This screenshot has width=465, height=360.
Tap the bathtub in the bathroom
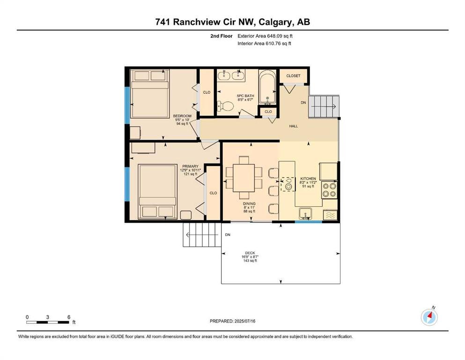point(267,87)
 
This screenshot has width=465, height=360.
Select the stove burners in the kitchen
point(330,190)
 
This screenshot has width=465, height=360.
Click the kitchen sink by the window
point(305,214)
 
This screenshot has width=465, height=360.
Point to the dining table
point(244,178)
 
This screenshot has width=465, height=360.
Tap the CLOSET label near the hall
point(293,76)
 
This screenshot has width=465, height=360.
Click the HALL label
point(294,126)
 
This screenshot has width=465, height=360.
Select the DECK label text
point(250,253)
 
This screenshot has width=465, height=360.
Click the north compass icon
point(429,317)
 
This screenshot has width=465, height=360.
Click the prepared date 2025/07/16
point(244,321)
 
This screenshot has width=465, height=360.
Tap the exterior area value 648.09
point(274,36)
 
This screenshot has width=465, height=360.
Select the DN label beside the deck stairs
point(228,235)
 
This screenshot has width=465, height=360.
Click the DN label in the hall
point(303,103)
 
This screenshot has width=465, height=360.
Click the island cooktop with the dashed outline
point(288,184)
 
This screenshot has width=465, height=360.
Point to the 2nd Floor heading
point(221,36)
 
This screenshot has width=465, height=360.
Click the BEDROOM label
point(182,116)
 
